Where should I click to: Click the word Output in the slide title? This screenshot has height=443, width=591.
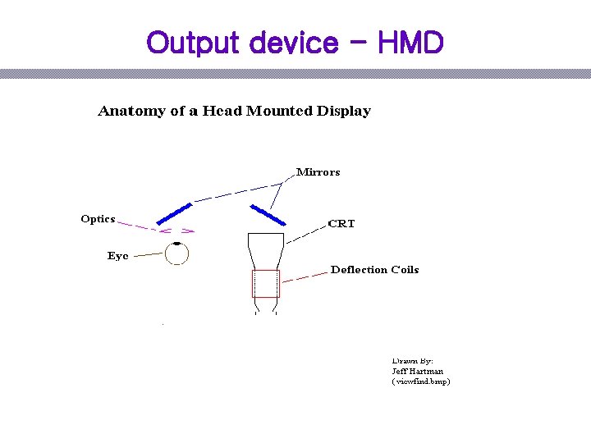pos(186,42)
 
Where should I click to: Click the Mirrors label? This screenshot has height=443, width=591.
pos(318,172)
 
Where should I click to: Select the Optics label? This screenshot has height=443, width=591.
pos(98,219)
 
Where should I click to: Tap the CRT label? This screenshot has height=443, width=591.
pos(341,223)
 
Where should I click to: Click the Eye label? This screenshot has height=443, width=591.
pos(117,256)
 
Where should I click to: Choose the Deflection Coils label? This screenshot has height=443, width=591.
pos(374,270)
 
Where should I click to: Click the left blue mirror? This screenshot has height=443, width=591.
pos(174,212)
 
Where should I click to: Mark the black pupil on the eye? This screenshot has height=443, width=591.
pos(176,244)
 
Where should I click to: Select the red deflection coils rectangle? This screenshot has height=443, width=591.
pos(265,283)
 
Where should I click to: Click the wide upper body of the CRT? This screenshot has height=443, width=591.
pos(265,246)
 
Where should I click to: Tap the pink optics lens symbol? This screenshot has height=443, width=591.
pos(176,231)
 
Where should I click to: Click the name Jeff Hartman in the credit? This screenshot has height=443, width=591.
pos(417,371)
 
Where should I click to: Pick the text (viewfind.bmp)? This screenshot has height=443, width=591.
pos(421,381)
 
